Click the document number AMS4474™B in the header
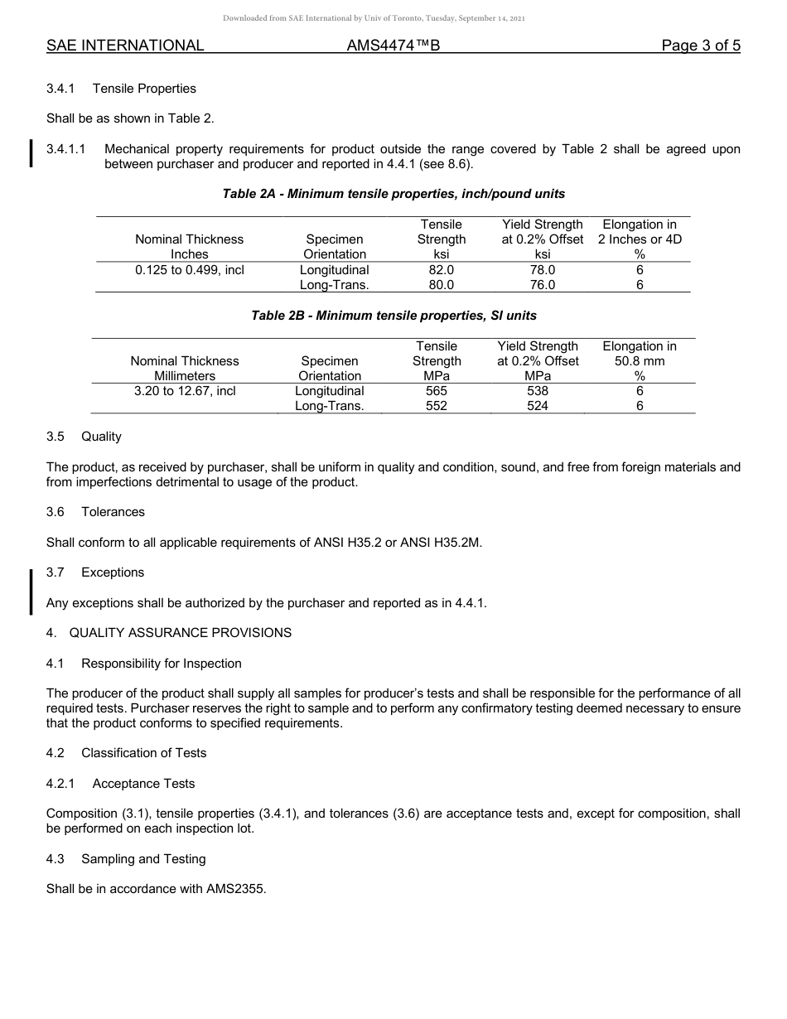[x=393, y=46]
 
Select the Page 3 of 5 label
[x=700, y=46]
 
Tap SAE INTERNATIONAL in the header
[x=125, y=46]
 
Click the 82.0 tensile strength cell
[x=441, y=270]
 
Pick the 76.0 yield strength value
[x=543, y=285]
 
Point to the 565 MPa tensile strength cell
[x=437, y=391]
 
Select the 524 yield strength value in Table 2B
[x=538, y=406]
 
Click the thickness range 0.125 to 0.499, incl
[x=190, y=270]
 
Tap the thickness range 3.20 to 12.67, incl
[x=185, y=391]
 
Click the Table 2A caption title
[x=393, y=194]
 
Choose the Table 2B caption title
[x=393, y=316]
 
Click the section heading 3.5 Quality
[x=84, y=437]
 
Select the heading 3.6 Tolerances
[x=95, y=512]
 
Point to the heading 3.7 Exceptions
[x=95, y=572]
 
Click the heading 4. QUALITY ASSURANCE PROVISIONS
[x=169, y=633]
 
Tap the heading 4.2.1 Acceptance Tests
[x=121, y=784]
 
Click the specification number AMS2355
[x=236, y=890]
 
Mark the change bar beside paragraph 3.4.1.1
[x=31, y=155]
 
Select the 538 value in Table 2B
[x=538, y=391]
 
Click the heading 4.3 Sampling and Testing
[x=126, y=859]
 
